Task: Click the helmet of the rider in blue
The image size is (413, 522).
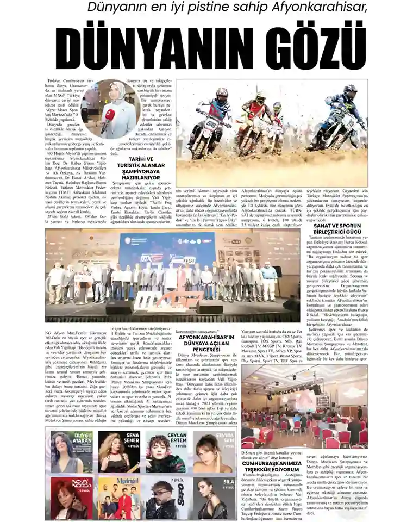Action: click(348, 90)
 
